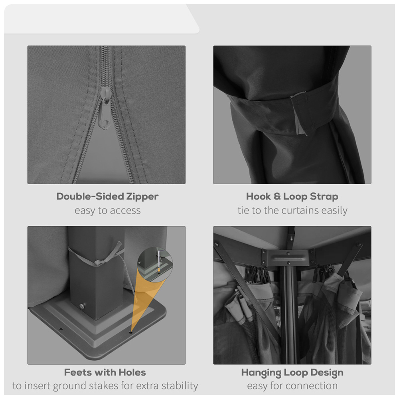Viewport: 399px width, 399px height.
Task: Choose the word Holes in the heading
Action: point(132,372)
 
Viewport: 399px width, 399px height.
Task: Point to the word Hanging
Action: point(261,373)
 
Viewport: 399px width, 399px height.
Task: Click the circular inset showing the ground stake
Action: point(155,264)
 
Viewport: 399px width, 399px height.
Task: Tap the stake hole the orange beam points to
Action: point(131,332)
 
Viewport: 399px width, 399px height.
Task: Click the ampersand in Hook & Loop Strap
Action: point(277,196)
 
